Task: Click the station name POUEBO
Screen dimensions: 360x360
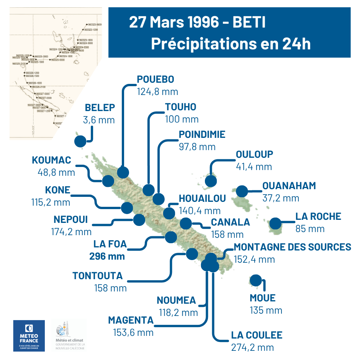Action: click(x=155, y=79)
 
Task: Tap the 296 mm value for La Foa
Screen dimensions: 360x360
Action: click(x=107, y=256)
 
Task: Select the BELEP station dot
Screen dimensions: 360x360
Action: click(x=80, y=141)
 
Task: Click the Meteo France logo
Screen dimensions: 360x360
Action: click(x=29, y=335)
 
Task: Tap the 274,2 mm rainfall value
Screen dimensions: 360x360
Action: click(x=253, y=347)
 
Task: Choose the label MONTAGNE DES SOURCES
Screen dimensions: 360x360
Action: click(x=292, y=247)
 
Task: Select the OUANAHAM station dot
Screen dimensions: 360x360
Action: click(x=242, y=191)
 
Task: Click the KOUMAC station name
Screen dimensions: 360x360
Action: click(x=52, y=160)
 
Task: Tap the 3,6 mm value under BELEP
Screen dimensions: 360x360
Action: click(x=99, y=120)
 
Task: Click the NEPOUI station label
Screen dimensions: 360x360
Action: click(x=70, y=219)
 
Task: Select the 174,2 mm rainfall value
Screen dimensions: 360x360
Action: click(x=71, y=232)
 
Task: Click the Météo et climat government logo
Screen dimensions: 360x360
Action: click(x=69, y=335)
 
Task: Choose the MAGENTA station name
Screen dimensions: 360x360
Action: click(x=131, y=320)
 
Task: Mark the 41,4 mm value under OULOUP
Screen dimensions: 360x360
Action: click(x=254, y=167)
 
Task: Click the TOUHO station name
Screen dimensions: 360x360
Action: click(x=180, y=107)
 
